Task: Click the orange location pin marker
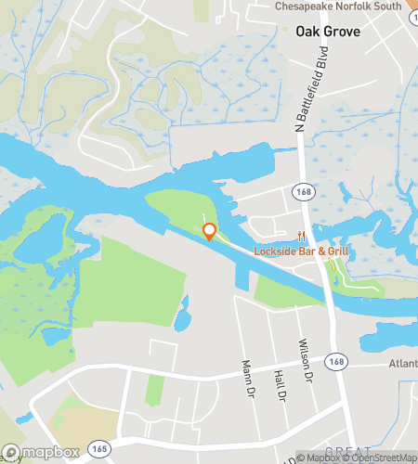click(210, 232)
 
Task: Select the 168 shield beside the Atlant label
click(336, 361)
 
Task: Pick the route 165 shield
click(98, 449)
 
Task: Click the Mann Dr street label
click(247, 378)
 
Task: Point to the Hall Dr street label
click(279, 383)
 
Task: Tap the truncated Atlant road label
click(402, 363)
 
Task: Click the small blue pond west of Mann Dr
click(183, 316)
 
